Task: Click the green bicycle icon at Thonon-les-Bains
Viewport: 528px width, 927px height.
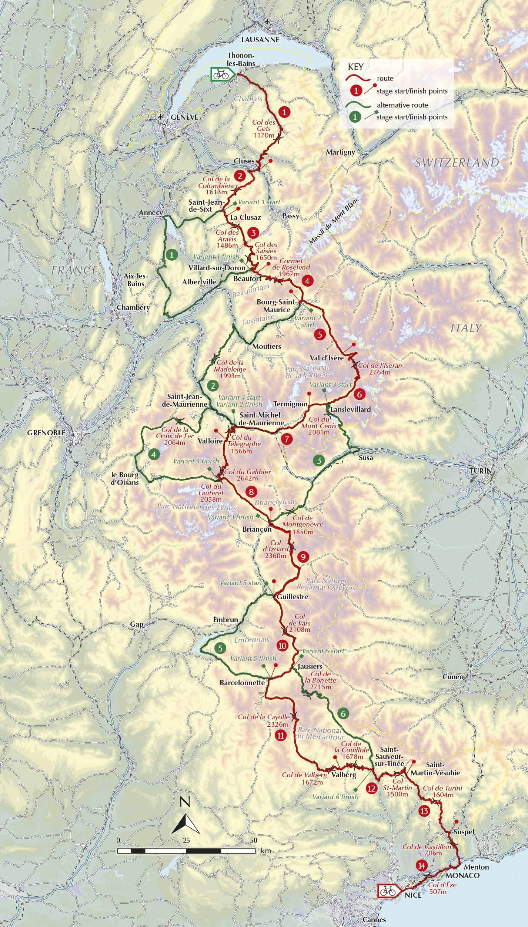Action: [x=222, y=74]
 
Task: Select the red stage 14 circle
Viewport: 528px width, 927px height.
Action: [x=421, y=842]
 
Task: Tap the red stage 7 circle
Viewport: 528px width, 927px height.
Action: [x=287, y=439]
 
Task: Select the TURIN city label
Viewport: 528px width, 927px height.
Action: [x=480, y=471]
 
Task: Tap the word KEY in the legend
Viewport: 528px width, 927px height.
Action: [x=355, y=67]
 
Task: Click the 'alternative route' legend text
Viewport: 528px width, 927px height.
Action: [x=402, y=105]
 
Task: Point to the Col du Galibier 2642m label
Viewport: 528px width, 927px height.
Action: [x=247, y=475]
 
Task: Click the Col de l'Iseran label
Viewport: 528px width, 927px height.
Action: [x=380, y=369]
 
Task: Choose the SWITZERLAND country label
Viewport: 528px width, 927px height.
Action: [x=457, y=162]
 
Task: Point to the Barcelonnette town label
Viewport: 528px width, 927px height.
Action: [x=242, y=672]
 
